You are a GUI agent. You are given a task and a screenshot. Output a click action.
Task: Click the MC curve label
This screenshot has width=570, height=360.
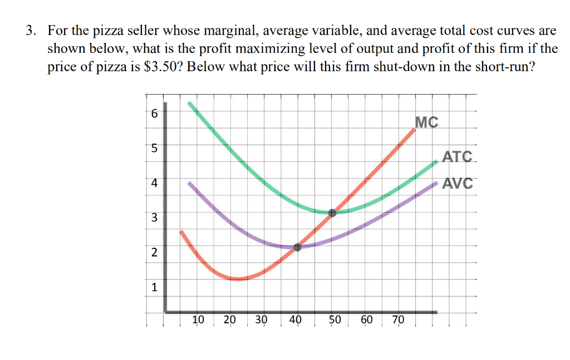point(426,122)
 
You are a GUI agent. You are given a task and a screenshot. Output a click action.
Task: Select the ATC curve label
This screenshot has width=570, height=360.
point(457,157)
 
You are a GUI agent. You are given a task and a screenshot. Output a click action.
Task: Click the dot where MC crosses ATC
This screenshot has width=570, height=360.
point(332,213)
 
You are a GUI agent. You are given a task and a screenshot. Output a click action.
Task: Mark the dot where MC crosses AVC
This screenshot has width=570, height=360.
point(297,247)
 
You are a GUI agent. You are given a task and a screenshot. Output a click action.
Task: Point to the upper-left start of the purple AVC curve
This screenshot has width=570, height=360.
point(189,183)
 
